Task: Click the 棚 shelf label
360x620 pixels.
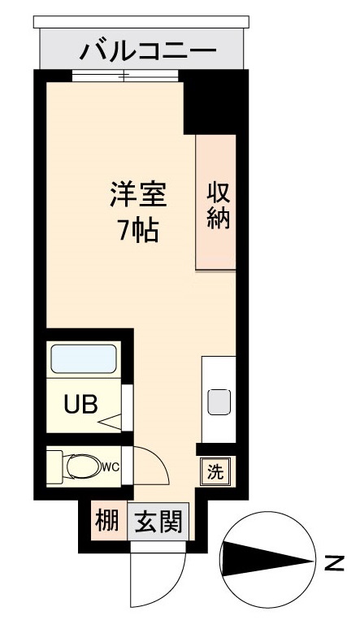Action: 106,518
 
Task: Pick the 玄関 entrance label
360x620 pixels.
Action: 158,518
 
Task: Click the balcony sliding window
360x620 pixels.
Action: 124,76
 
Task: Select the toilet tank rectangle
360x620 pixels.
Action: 54,466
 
